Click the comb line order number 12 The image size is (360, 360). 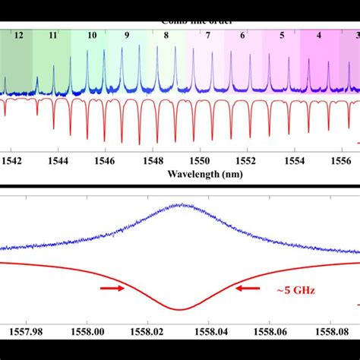pos(17,36)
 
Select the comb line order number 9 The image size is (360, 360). pos(127,36)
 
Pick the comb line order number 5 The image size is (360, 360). pos(282,36)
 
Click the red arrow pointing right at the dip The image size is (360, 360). pos(111,289)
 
